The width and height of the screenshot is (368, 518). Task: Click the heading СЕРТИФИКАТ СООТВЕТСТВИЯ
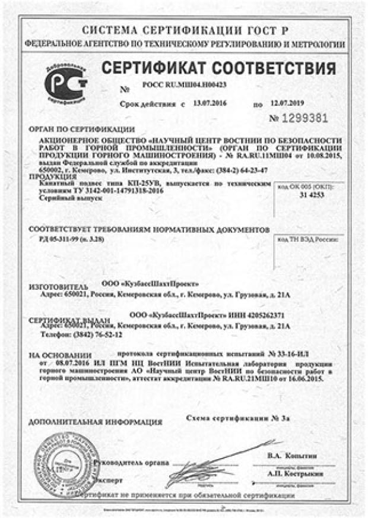218,67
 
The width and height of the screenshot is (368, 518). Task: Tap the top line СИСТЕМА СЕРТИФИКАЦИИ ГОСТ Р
184,29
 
